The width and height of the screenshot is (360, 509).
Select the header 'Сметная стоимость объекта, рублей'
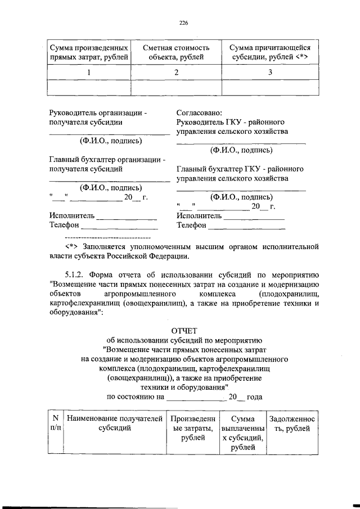[x=175, y=52]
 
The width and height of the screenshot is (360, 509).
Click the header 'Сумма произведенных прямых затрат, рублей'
[x=89, y=52]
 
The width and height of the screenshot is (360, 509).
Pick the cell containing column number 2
[x=176, y=73]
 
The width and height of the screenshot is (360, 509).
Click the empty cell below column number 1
[x=89, y=88]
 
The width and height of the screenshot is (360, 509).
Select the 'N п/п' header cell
[x=55, y=423]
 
